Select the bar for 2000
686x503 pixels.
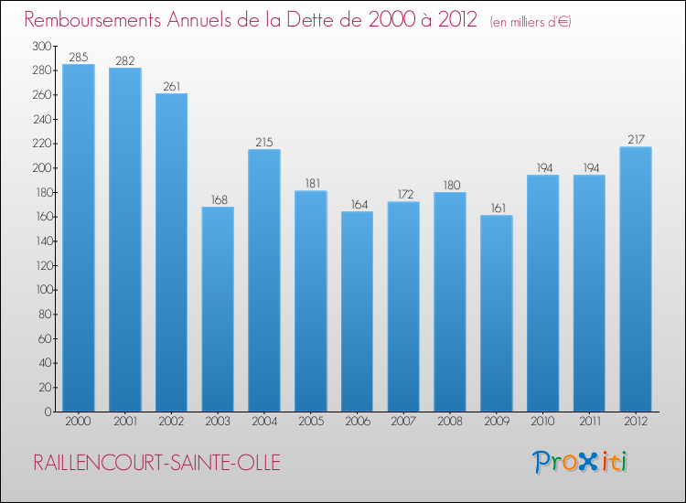click(x=78, y=238)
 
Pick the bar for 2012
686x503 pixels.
click(x=636, y=279)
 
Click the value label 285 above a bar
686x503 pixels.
click(x=78, y=58)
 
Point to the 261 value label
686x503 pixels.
click(x=171, y=87)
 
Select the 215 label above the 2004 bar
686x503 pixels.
click(x=264, y=143)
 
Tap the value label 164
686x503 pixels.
click(x=357, y=205)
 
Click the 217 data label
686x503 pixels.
click(x=636, y=140)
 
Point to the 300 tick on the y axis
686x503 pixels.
click(x=41, y=46)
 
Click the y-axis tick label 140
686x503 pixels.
click(x=41, y=241)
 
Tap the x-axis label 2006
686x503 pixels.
click(x=357, y=423)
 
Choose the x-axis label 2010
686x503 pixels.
click(x=542, y=423)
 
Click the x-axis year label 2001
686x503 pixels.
click(x=124, y=423)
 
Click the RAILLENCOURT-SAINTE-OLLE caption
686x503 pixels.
click(x=156, y=463)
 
